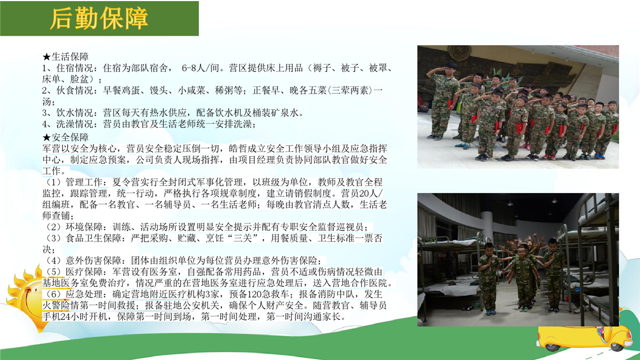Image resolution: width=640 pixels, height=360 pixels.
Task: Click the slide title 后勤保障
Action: click(99, 18)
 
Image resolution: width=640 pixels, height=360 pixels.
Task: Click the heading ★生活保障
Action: click(66, 57)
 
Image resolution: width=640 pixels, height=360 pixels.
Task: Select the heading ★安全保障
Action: click(66, 138)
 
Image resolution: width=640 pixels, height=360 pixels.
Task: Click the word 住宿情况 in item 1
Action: click(75, 68)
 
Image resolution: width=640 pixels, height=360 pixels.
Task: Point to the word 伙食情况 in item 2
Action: click(75, 91)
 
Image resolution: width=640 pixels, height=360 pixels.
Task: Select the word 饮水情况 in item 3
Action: click(75, 113)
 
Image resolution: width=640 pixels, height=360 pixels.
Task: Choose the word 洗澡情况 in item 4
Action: click(75, 124)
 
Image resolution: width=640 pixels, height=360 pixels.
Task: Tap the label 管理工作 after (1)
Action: click(84, 182)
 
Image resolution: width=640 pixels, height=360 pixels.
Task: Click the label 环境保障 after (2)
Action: click(84, 227)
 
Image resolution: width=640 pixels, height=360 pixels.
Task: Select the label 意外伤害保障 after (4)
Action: click(93, 261)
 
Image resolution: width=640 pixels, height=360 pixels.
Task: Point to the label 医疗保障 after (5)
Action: click(84, 271)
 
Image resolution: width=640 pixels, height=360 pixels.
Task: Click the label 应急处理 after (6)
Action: click(84, 294)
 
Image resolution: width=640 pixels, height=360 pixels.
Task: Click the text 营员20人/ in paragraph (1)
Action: click(361, 194)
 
